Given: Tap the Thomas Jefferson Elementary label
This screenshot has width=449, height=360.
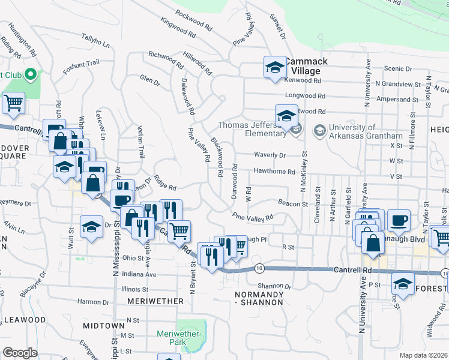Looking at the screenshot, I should click(x=247, y=130).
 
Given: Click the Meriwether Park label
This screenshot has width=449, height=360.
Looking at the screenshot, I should click(x=173, y=338).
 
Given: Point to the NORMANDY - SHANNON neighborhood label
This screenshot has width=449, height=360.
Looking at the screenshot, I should click(x=259, y=298).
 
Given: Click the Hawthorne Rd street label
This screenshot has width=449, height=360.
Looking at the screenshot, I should click(x=274, y=172).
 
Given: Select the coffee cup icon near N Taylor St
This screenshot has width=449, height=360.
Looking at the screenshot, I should click(x=399, y=220).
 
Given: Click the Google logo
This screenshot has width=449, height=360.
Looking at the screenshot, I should click(x=20, y=353).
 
